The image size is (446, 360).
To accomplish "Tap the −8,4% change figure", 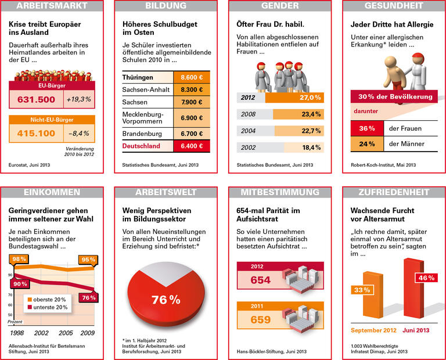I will point(78,133).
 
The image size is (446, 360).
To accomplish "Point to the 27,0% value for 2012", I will point(310,98).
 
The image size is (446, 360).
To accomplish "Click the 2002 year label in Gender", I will point(249,147).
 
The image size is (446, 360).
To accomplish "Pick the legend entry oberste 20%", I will point(48,299).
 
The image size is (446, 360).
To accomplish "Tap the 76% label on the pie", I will point(166,300).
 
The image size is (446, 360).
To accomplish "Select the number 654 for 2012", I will point(260,280).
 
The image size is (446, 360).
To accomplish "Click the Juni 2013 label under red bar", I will point(416,330).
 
